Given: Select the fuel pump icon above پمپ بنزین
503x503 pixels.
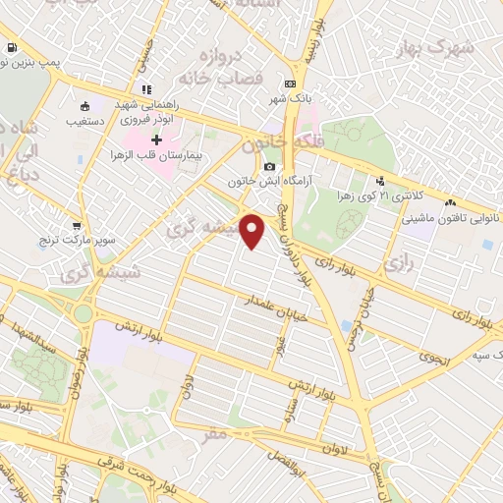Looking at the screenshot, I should (11, 47).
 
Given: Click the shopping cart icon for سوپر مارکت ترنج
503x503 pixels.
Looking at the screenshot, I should (73, 224).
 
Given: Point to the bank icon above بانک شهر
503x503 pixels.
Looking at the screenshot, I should (289, 84).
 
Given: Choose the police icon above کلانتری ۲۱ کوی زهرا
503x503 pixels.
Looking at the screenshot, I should (380, 180).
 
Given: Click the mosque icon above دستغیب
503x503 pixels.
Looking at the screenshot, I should (84, 107).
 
